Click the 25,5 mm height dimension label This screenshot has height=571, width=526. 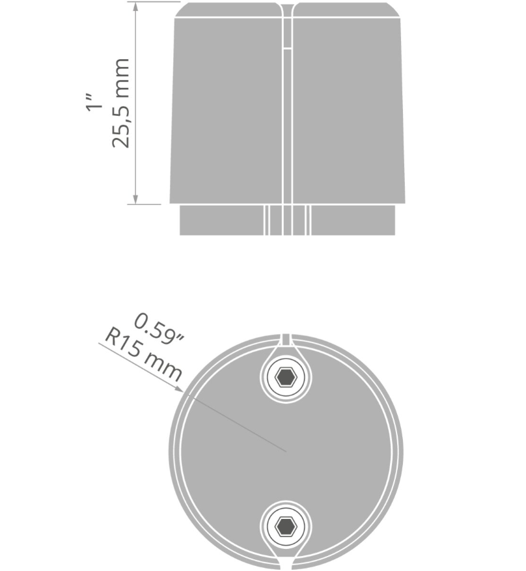point(120,103)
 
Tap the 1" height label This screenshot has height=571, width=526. point(94,102)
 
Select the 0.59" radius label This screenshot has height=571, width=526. point(159,329)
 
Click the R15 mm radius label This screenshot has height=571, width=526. point(143,355)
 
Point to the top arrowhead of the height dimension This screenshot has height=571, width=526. point(135,6)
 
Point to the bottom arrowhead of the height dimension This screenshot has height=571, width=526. point(135,200)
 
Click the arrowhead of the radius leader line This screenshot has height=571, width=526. point(179,389)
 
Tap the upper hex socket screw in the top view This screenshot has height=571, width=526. point(286,378)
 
